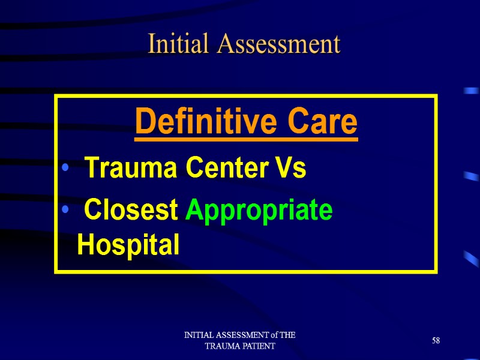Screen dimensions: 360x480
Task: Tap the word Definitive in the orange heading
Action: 196,123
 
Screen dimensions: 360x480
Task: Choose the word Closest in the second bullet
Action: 131,210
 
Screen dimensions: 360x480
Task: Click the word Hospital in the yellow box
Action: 128,245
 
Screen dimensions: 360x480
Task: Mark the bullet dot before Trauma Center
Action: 64,170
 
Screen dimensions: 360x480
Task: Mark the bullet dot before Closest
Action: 64,211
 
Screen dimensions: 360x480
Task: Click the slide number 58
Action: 436,341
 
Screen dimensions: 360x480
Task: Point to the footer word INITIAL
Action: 197,335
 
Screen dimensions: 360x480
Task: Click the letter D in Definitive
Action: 143,123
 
